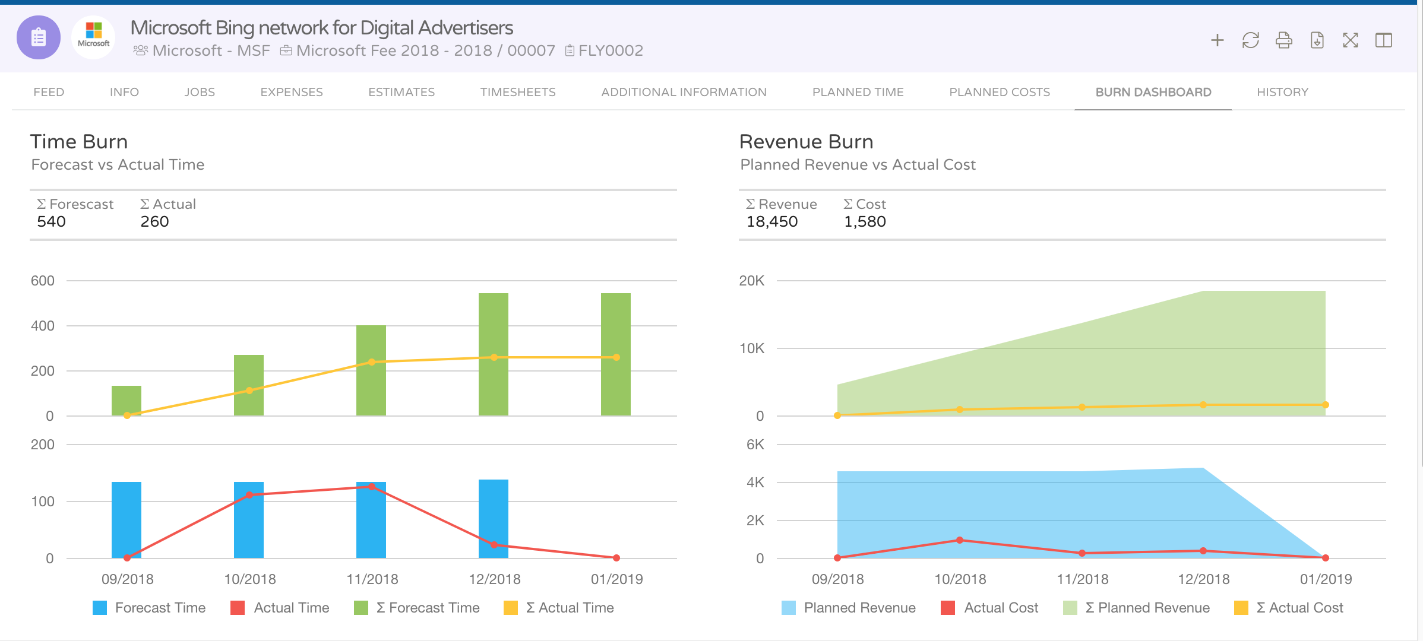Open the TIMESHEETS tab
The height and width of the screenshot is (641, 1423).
[x=517, y=92]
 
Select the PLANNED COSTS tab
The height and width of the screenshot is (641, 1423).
[x=999, y=92]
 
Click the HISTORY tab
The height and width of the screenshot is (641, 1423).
[x=1282, y=92]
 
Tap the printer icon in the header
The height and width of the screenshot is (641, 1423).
[x=1283, y=40]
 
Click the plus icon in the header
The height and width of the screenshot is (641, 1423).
[x=1217, y=40]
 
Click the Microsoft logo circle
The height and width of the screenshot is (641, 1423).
[x=94, y=37]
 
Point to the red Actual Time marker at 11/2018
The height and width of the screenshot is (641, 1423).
[x=372, y=487]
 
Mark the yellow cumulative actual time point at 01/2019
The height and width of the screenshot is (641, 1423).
[x=616, y=357]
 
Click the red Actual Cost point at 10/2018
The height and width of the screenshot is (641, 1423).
[x=960, y=540]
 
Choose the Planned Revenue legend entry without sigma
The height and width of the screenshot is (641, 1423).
[x=859, y=608]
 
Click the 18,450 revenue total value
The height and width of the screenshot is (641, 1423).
[x=771, y=221]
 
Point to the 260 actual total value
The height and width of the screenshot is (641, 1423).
[x=154, y=221]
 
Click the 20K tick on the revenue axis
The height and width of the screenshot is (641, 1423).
[x=751, y=281]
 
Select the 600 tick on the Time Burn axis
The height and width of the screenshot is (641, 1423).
[x=43, y=281]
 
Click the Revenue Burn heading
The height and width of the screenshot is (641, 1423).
[x=806, y=142]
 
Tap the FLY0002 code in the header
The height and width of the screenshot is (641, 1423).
[x=610, y=50]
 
